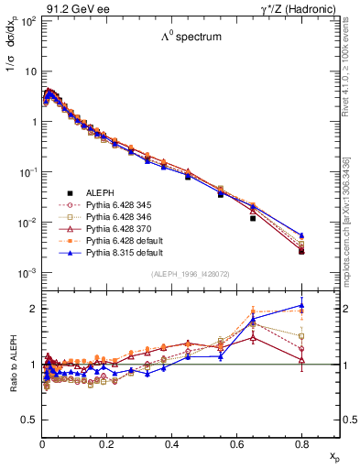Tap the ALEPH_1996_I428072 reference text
tap(191, 274)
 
